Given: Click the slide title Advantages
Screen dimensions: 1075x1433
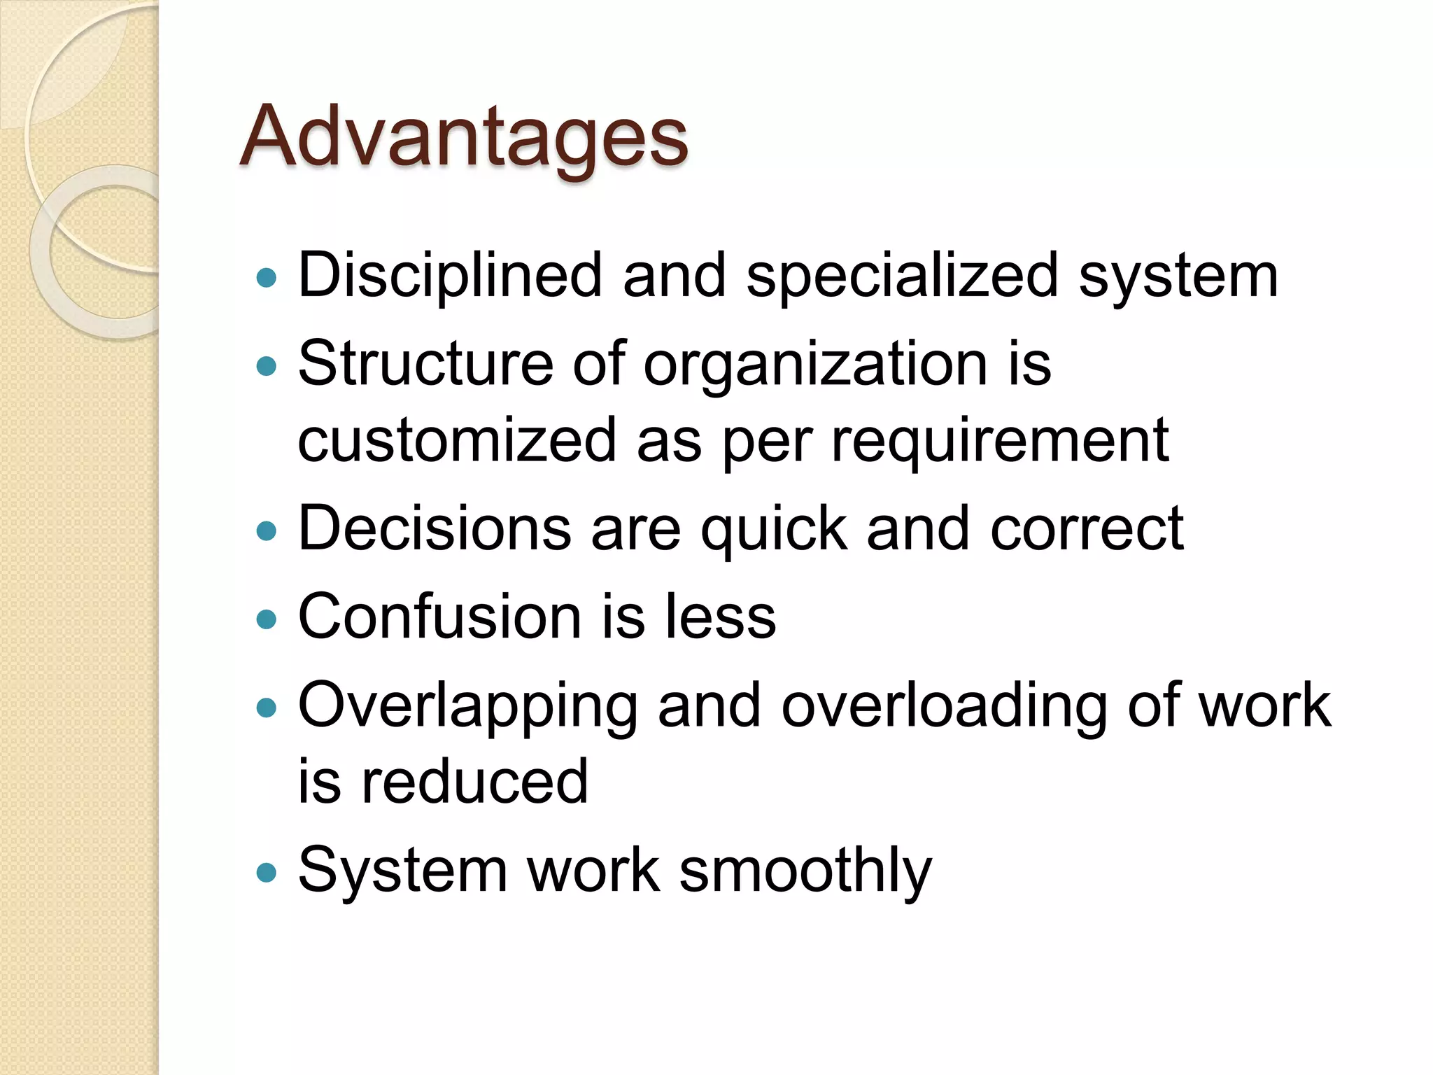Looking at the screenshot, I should [464, 137].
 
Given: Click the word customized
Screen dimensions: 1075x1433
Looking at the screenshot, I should [457, 441].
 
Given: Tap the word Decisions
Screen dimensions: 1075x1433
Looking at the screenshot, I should [435, 529].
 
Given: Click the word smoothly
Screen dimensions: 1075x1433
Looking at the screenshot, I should [805, 871].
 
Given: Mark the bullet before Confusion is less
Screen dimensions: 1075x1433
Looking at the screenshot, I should [267, 619].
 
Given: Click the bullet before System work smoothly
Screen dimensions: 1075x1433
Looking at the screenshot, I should [267, 873].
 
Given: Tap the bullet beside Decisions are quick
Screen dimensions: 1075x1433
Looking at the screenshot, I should [267, 531].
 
